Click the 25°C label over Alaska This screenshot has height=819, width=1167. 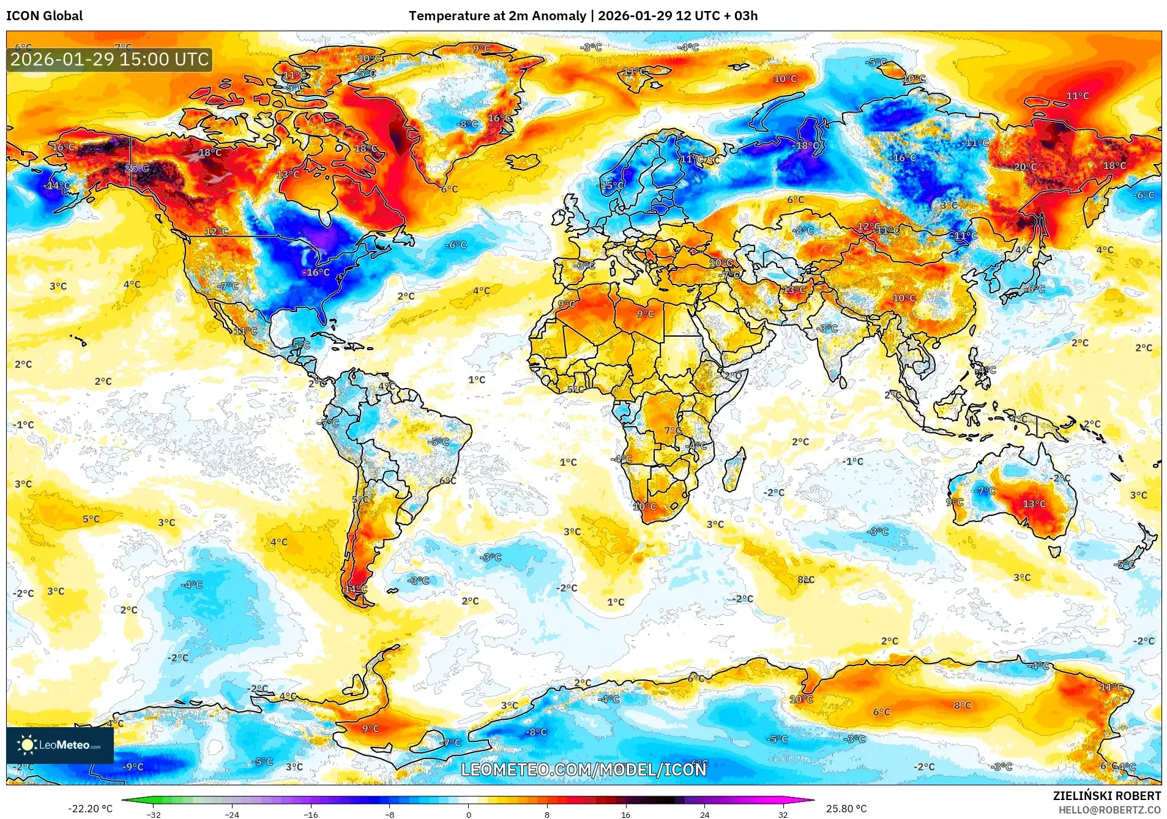[136, 168]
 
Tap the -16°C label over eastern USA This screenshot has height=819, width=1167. [316, 272]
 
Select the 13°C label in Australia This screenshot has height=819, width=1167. [1034, 504]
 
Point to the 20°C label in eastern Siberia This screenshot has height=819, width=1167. [1025, 167]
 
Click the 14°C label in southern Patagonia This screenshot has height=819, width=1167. [356, 589]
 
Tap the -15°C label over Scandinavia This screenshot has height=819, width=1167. [611, 185]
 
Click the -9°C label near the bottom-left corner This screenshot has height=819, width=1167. [133, 767]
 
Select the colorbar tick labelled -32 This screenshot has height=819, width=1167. [154, 814]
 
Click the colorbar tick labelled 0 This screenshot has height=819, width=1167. [469, 814]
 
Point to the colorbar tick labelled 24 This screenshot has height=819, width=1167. [704, 814]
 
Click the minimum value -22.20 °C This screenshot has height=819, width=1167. [90, 809]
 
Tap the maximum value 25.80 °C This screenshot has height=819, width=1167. [846, 809]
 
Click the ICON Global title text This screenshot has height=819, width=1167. [44, 16]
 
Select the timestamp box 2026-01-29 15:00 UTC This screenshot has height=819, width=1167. [110, 59]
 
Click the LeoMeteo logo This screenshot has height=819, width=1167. [60, 745]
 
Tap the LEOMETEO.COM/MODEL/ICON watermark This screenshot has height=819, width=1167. [583, 769]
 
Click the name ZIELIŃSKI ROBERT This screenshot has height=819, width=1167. [1106, 796]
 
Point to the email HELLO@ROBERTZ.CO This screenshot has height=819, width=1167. [1109, 810]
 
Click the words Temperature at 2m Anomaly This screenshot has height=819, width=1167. [497, 16]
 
